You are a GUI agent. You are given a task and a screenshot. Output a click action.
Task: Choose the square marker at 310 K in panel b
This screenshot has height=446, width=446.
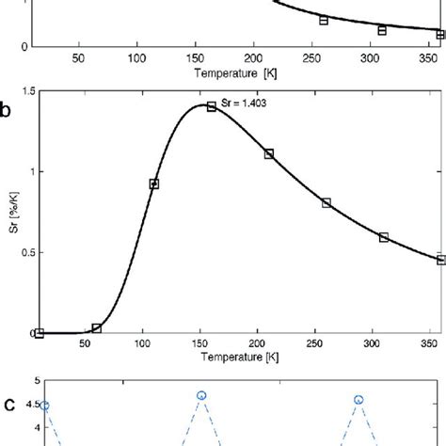tap(384, 237)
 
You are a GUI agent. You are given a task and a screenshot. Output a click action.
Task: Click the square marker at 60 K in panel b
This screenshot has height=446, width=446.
tap(97, 328)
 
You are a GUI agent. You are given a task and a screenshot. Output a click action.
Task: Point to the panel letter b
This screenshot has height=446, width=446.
tap(7, 110)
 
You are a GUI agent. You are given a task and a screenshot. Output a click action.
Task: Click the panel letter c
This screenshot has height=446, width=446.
tap(8, 406)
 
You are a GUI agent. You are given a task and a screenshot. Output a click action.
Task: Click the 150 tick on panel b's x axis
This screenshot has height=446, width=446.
tap(143, 345)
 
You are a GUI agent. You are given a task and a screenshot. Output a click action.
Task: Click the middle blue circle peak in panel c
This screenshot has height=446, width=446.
tap(201, 396)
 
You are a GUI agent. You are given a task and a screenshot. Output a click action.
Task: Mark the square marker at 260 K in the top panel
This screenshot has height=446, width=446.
tap(324, 20)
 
